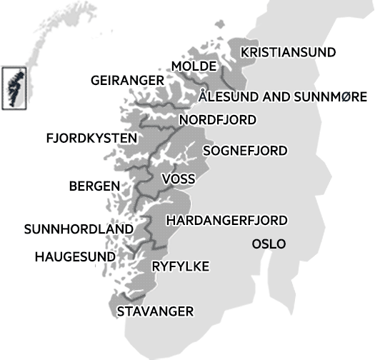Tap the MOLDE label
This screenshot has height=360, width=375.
point(194,66)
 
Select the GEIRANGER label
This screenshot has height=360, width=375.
point(127,81)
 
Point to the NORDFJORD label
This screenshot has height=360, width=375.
point(217,119)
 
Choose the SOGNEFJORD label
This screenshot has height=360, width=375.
point(245,151)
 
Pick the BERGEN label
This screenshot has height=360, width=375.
point(94,186)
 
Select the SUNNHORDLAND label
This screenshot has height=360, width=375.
point(79,229)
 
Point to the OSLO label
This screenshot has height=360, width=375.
point(269,244)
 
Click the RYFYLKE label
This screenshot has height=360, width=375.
point(181,266)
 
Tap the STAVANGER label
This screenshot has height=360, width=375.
point(155,311)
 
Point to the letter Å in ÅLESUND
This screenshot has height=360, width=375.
point(204,96)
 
